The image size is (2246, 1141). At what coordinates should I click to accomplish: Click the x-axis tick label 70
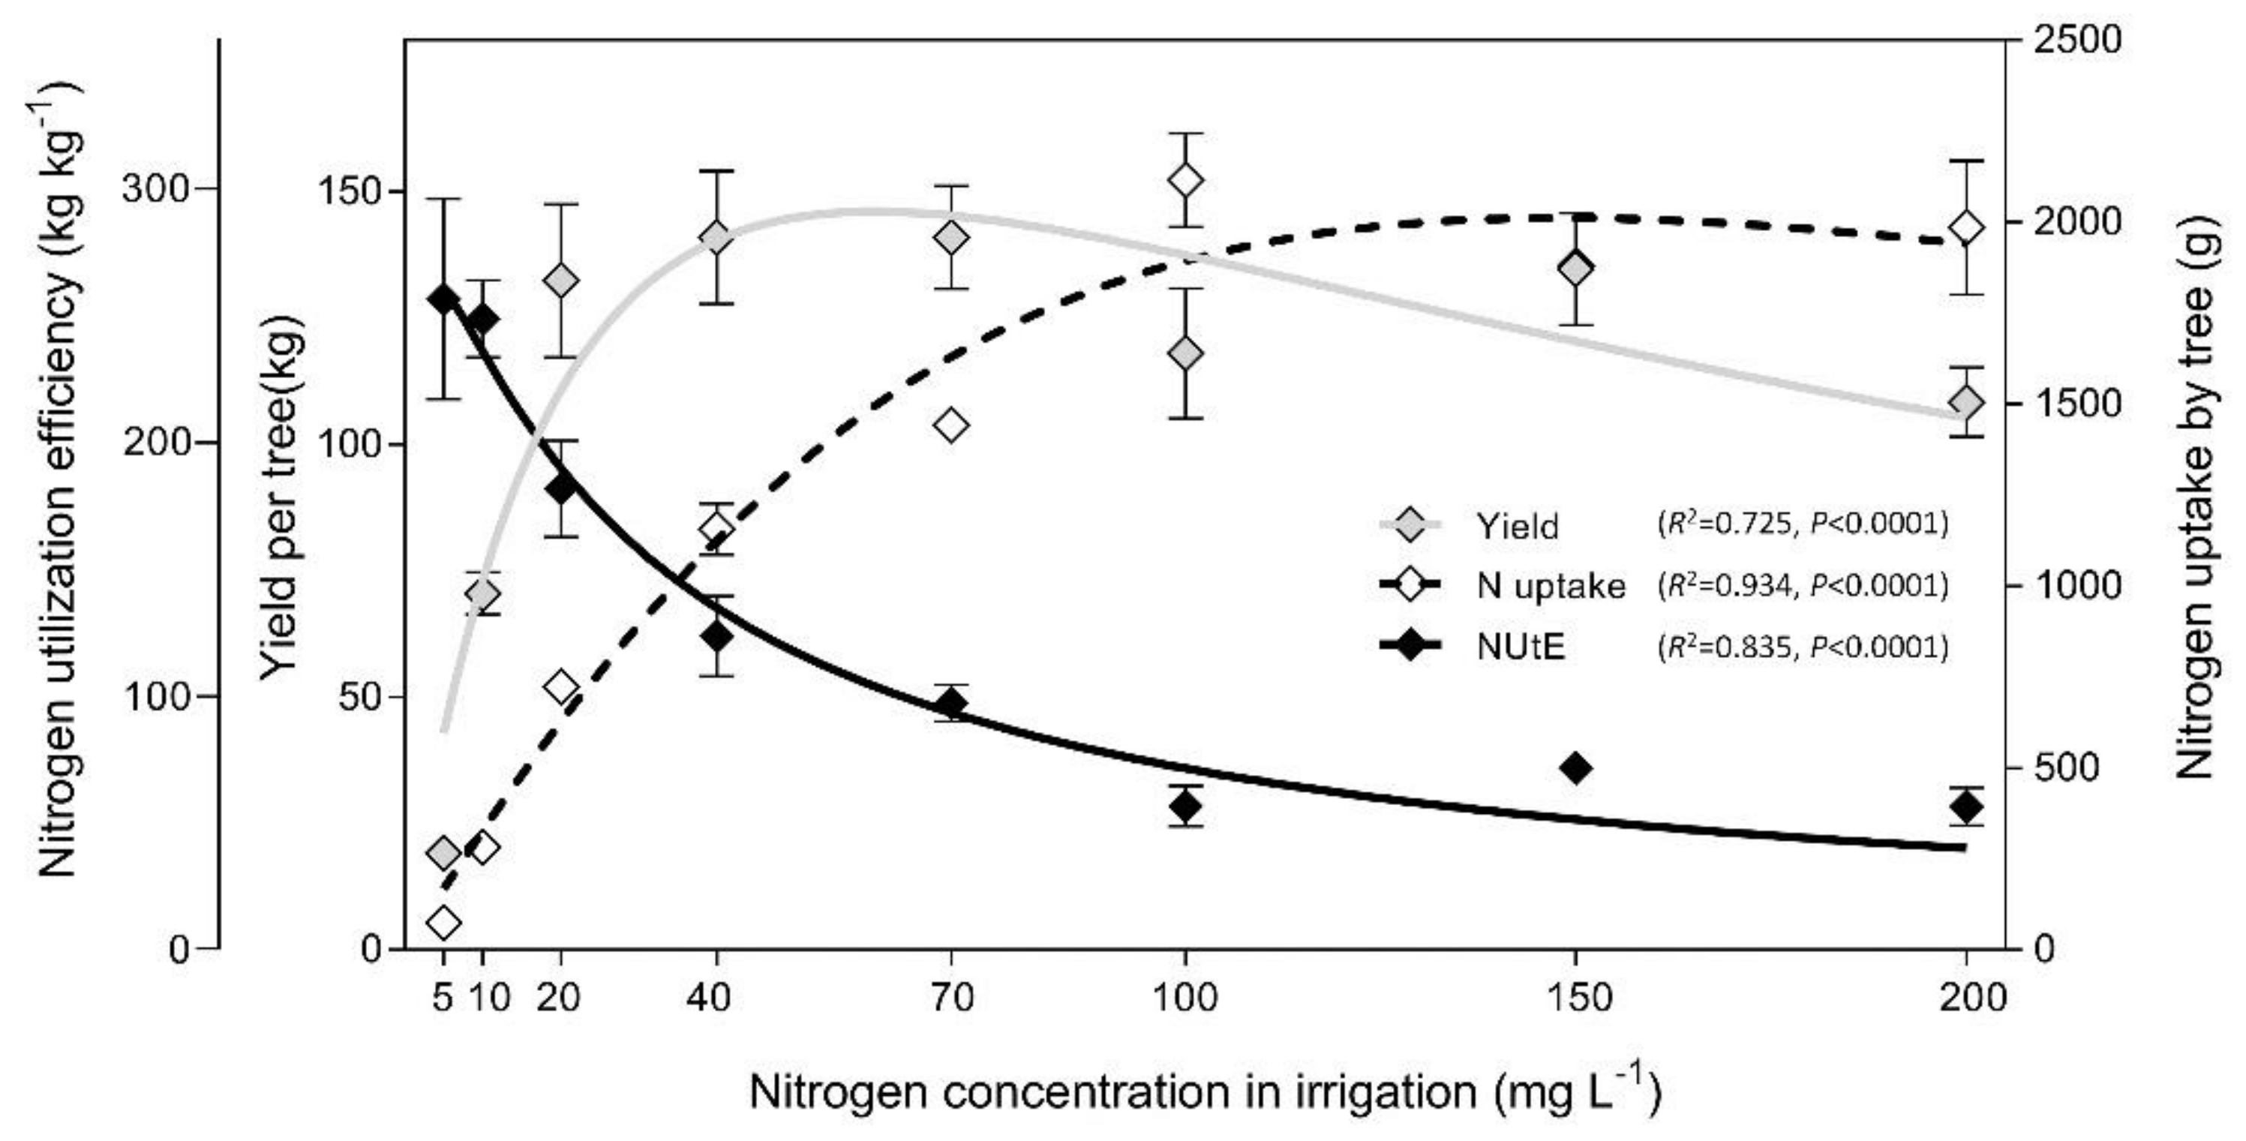[951, 997]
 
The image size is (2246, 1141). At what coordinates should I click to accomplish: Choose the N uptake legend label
[1551, 587]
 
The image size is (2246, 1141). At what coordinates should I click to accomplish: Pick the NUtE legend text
[1520, 647]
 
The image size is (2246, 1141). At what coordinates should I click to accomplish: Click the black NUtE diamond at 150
[1575, 768]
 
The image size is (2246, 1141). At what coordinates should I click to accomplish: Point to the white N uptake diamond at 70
[951, 425]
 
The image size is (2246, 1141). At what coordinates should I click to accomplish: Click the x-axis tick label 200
[1972, 997]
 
